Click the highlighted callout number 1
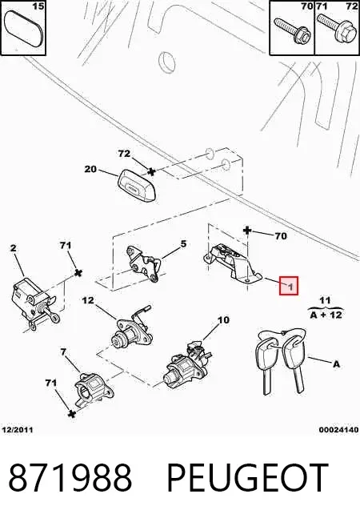[x=290, y=287]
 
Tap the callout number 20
[x=90, y=169]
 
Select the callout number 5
[x=183, y=244]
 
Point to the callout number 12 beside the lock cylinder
[x=88, y=300]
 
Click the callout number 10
[x=223, y=320]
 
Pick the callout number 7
[x=63, y=351]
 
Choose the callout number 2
[x=13, y=248]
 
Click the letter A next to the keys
[x=336, y=364]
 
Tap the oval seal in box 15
[x=23, y=30]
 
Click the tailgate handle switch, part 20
[x=138, y=185]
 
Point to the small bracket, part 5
[x=143, y=263]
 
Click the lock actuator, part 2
[x=33, y=302]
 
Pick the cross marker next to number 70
[x=247, y=230]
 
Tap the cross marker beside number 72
[x=151, y=172]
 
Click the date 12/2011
[x=18, y=430]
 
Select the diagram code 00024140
[x=339, y=430]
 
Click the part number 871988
[x=70, y=478]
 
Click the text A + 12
[x=326, y=315]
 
